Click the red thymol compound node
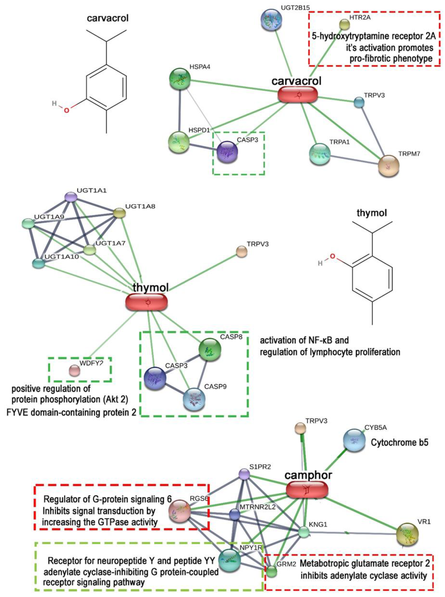tap(146, 302)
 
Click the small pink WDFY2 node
tap(75, 371)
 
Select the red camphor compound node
tap(307, 489)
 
